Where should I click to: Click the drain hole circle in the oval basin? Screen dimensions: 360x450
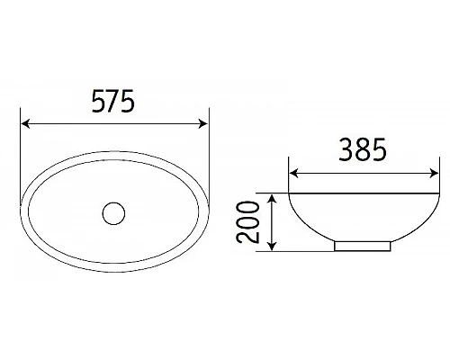click(113, 213)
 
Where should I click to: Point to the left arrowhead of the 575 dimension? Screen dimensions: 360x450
click(25, 124)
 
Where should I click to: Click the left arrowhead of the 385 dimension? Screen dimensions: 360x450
click(292, 174)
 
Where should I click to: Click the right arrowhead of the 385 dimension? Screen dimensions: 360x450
click(410, 174)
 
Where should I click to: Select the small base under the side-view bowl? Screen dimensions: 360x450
click(362, 245)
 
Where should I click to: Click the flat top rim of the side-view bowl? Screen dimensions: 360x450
click(351, 192)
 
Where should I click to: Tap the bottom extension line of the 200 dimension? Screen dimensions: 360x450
click(297, 251)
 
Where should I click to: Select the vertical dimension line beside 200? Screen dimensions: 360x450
click(271, 221)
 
